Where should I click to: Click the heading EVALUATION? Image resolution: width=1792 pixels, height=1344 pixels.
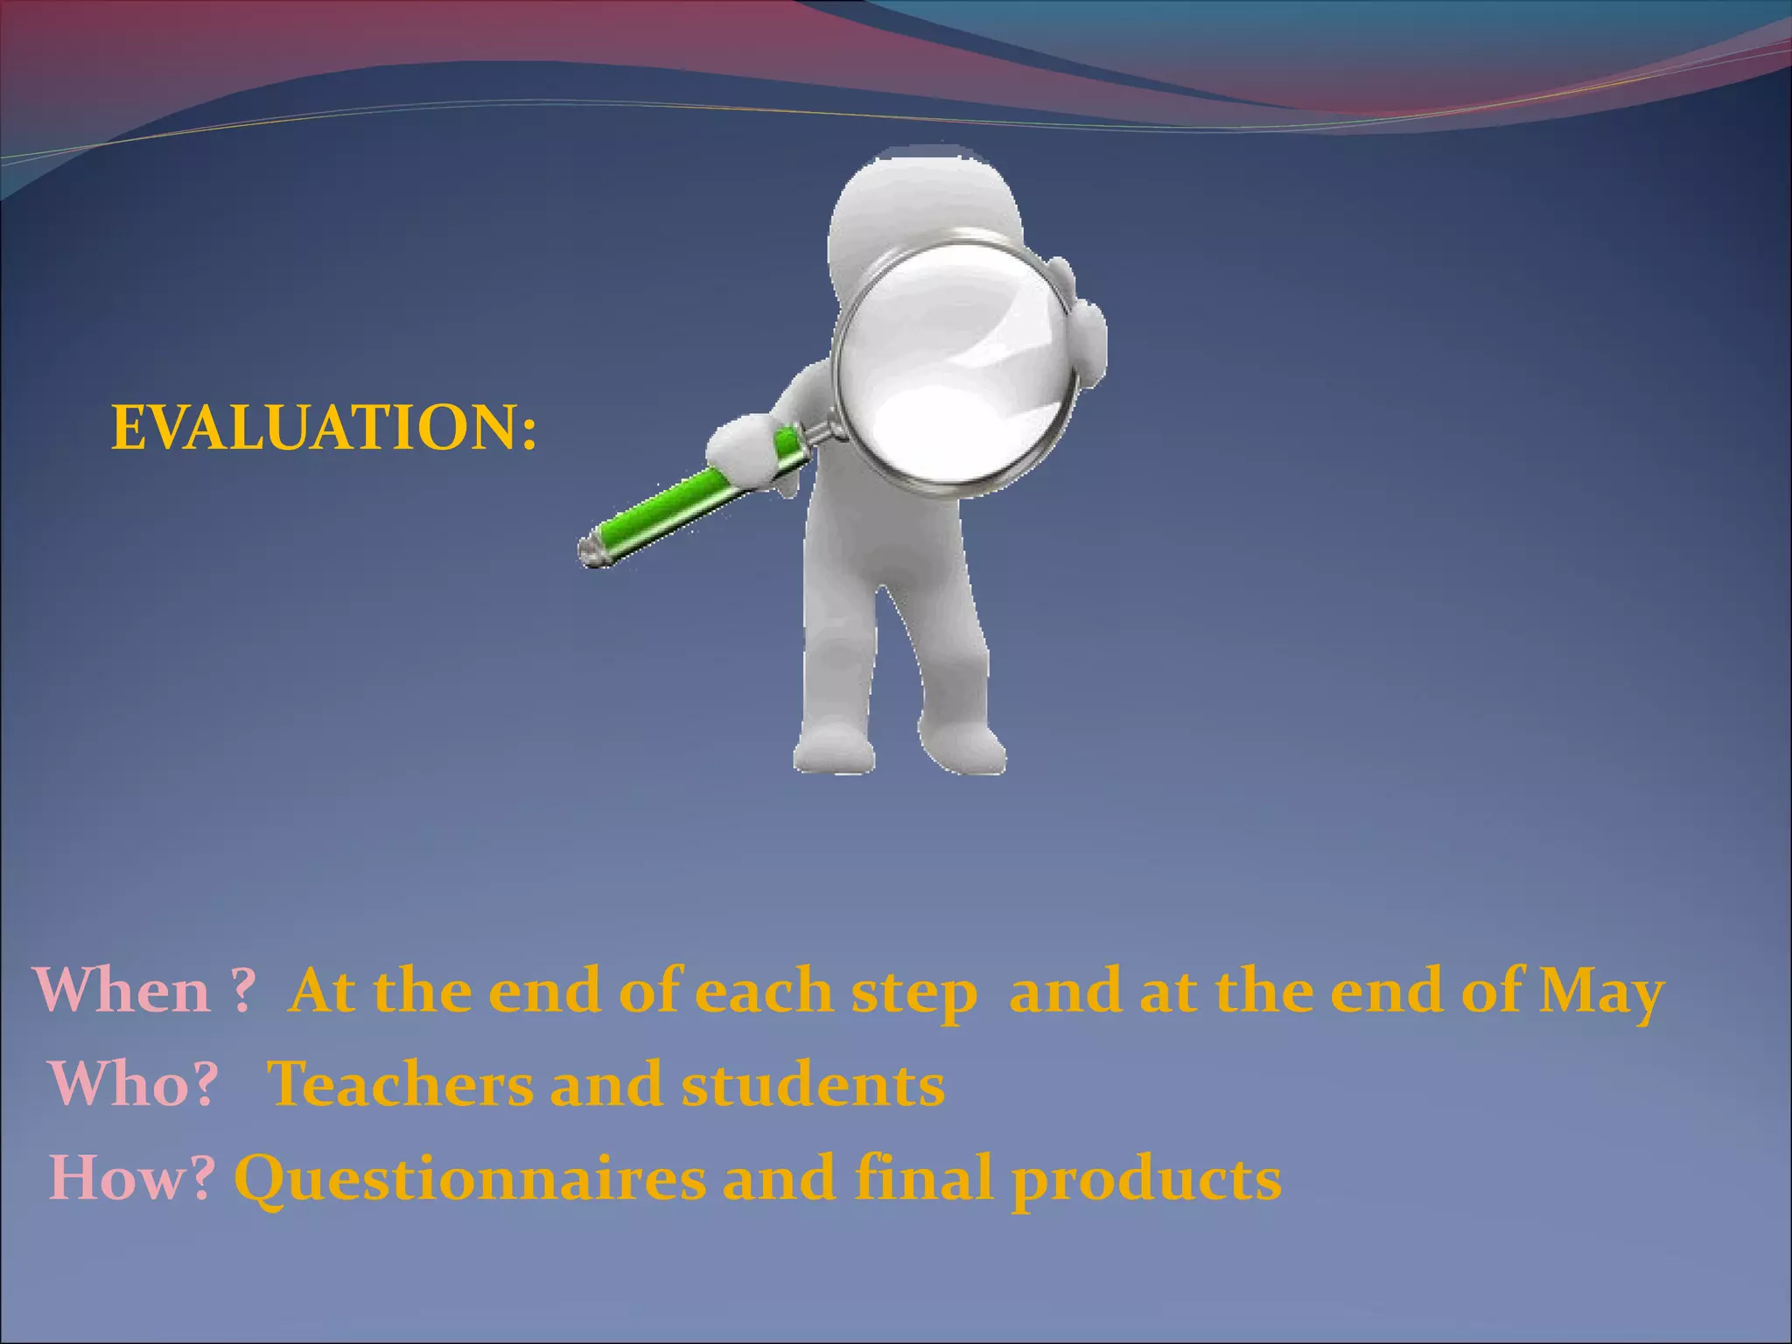coord(324,429)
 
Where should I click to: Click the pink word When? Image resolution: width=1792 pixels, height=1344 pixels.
coord(122,991)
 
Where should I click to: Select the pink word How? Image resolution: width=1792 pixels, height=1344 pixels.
coord(132,1178)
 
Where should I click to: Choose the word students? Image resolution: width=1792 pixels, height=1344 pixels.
coord(813,1084)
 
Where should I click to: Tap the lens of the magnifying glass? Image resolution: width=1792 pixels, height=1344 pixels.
coord(954,363)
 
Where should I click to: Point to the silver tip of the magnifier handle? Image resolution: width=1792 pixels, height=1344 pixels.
coord(593,549)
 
